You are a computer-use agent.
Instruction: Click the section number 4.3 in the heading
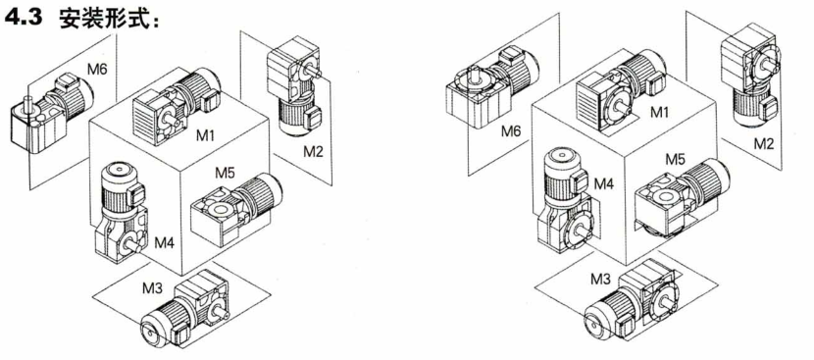tap(25, 19)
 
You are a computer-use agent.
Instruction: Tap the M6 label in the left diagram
tap(97, 69)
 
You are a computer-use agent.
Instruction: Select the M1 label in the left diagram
tap(206, 136)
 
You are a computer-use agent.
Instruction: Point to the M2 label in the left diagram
tap(314, 152)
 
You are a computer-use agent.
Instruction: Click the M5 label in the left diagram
tap(226, 173)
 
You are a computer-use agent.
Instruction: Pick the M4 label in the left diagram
tap(165, 243)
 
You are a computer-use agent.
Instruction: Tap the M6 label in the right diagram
tap(510, 132)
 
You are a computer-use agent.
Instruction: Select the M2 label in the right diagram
tap(763, 143)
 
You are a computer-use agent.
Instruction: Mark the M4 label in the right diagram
tap(604, 183)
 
